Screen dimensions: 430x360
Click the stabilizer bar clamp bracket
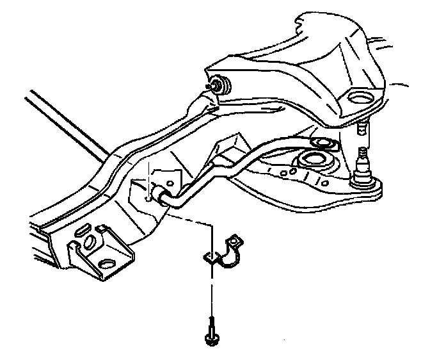[224, 255]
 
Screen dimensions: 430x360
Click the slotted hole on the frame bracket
[83, 229]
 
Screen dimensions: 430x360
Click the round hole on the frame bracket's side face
[89, 243]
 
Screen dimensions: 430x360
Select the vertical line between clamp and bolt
[211, 291]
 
